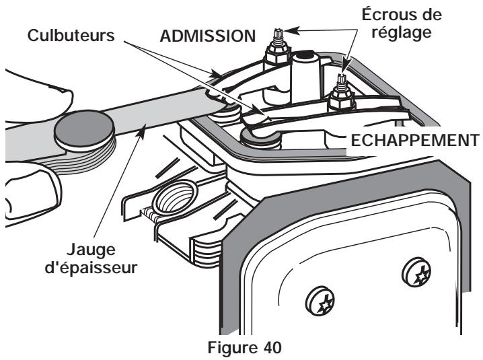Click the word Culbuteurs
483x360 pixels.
pyautogui.click(x=71, y=36)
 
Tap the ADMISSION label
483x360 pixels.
pyautogui.click(x=208, y=36)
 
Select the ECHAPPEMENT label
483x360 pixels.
pyautogui.click(x=414, y=141)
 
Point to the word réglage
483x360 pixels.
pyautogui.click(x=402, y=33)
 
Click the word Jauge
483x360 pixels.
pyautogui.click(x=91, y=250)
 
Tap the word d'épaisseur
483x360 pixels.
pyautogui.click(x=91, y=268)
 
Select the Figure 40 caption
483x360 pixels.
pyautogui.click(x=245, y=348)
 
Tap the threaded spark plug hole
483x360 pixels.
pyautogui.click(x=176, y=198)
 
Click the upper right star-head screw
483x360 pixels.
pyautogui.click(x=417, y=273)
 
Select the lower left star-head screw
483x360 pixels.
pyautogui.click(x=320, y=301)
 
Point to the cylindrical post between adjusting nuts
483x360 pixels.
pyautogui.click(x=304, y=77)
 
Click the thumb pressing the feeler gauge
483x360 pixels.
pyautogui.click(x=37, y=96)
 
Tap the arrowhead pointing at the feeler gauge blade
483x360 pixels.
pyautogui.click(x=141, y=131)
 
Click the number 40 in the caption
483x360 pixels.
pyautogui.click(x=272, y=348)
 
